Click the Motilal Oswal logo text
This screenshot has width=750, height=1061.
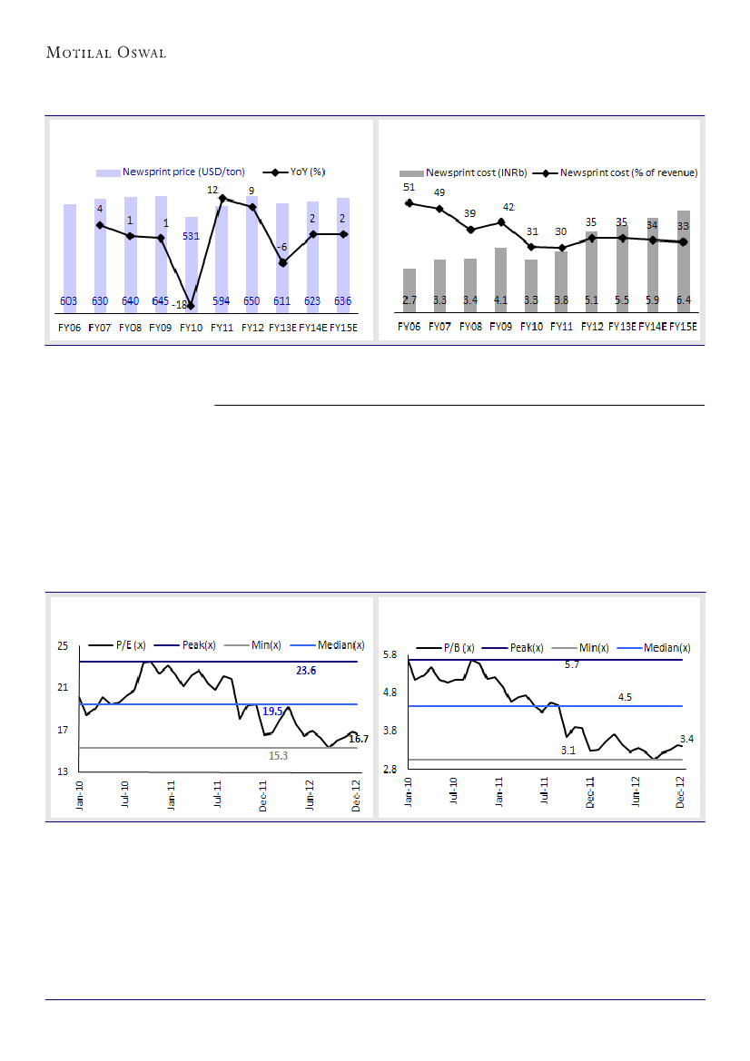[105, 54]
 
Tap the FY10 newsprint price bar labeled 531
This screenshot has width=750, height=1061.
[191, 263]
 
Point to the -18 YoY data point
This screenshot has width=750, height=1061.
[191, 306]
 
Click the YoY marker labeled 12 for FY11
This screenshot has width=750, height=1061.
[222, 198]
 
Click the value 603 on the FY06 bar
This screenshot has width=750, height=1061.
[68, 300]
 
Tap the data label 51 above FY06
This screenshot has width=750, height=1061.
[410, 188]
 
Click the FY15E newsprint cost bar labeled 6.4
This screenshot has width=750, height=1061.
[683, 263]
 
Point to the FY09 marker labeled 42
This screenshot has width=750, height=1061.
[501, 221]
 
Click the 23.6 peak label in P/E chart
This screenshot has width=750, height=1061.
[306, 672]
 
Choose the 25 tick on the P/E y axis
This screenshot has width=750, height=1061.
[63, 646]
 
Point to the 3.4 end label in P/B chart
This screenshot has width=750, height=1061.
[686, 740]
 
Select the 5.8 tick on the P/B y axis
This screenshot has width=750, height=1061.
[390, 654]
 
